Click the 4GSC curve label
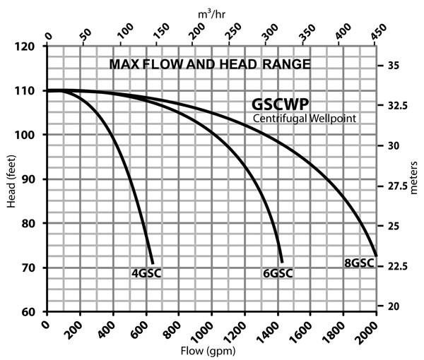[146, 273]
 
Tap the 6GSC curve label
[277, 273]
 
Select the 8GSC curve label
[358, 264]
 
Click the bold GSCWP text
[280, 103]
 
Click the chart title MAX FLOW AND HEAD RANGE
[210, 65]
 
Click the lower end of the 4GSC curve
[151, 263]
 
